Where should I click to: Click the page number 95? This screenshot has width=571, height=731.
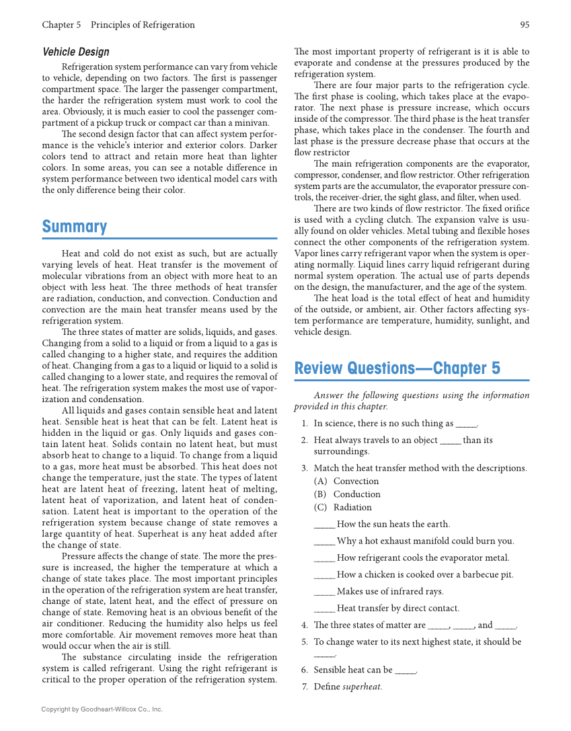click(x=524, y=25)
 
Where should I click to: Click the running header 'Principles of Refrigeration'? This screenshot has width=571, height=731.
click(x=143, y=25)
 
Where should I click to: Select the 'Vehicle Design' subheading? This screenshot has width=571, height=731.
click(x=75, y=52)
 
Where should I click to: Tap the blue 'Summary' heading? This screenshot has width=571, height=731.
click(x=75, y=227)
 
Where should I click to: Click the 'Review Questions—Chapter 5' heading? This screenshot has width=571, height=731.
click(x=397, y=369)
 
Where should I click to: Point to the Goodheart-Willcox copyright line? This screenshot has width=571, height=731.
click(x=102, y=709)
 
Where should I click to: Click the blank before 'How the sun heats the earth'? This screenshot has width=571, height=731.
click(x=324, y=525)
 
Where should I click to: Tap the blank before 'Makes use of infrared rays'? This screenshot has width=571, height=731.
click(x=324, y=592)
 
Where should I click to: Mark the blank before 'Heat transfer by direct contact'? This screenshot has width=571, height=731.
click(x=324, y=609)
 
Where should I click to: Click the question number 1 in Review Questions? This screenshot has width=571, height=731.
click(x=304, y=424)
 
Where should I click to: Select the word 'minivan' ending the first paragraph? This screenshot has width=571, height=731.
click(x=253, y=122)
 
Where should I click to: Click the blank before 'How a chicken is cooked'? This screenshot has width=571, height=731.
click(x=324, y=576)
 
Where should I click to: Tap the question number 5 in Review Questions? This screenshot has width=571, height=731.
click(x=304, y=642)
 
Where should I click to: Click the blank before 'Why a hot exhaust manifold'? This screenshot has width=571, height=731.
click(x=324, y=542)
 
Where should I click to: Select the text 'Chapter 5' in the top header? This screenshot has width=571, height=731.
click(x=61, y=25)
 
